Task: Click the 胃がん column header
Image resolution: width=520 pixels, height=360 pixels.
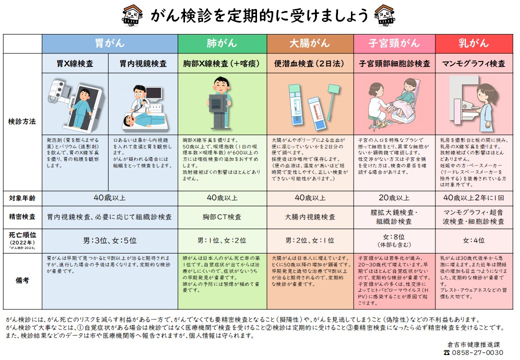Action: pyautogui.click(x=109, y=43)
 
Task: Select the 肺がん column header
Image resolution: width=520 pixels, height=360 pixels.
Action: pyautogui.click(x=221, y=43)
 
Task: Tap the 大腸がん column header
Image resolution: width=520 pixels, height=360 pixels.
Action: pyautogui.click(x=309, y=43)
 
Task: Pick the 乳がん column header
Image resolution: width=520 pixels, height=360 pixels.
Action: pyautogui.click(x=473, y=43)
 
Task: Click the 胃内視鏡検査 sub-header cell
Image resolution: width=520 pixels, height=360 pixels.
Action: pyautogui.click(x=143, y=63)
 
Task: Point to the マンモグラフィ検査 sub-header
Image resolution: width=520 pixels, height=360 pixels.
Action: pyautogui.click(x=473, y=63)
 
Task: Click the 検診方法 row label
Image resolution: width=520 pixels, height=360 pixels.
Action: pyautogui.click(x=22, y=121)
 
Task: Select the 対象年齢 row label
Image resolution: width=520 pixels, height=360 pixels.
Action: pyautogui.click(x=22, y=197)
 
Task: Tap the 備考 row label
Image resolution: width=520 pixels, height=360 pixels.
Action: pyautogui.click(x=22, y=280)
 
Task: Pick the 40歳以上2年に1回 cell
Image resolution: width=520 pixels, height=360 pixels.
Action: pyautogui.click(x=473, y=198)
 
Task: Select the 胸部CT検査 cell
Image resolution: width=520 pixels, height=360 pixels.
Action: pyautogui.click(x=221, y=217)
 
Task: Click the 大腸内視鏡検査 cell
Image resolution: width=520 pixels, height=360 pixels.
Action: pyautogui.click(x=309, y=217)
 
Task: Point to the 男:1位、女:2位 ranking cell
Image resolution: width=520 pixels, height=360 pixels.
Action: pyautogui.click(x=221, y=240)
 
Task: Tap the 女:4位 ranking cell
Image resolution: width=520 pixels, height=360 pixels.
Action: pyautogui.click(x=473, y=240)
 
